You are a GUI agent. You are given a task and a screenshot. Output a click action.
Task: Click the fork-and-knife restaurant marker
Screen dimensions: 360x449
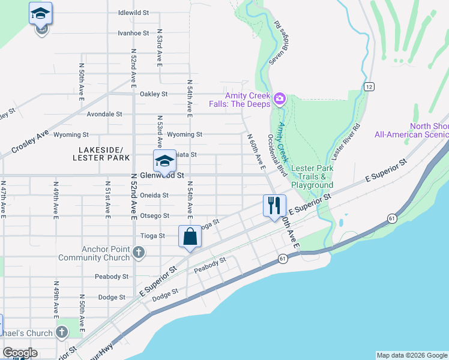click(x=274, y=206)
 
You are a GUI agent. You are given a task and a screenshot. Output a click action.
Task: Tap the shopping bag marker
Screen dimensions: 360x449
click(x=190, y=236)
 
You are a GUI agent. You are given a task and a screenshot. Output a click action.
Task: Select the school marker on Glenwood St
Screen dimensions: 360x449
click(x=164, y=161)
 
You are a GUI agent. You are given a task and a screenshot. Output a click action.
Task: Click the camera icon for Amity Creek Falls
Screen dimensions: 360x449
click(x=279, y=98)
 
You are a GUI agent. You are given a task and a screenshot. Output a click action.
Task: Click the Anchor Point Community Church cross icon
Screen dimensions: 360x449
click(x=139, y=251)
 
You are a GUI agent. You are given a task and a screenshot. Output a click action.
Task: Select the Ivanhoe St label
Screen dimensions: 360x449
click(x=133, y=33)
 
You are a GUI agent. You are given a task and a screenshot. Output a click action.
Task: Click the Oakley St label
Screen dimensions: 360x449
click(x=154, y=94)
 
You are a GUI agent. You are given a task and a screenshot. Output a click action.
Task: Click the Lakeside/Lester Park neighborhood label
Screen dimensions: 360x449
click(x=101, y=154)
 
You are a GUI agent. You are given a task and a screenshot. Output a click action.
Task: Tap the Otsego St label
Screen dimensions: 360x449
click(x=154, y=216)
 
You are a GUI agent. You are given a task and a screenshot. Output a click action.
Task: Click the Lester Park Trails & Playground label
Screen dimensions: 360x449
click(x=312, y=177)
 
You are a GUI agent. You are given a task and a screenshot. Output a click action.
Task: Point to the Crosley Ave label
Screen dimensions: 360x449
click(x=29, y=143)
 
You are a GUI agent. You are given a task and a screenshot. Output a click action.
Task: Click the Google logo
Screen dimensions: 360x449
click(x=20, y=353)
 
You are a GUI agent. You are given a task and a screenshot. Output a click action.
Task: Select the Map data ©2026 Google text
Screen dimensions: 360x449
click(x=411, y=355)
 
